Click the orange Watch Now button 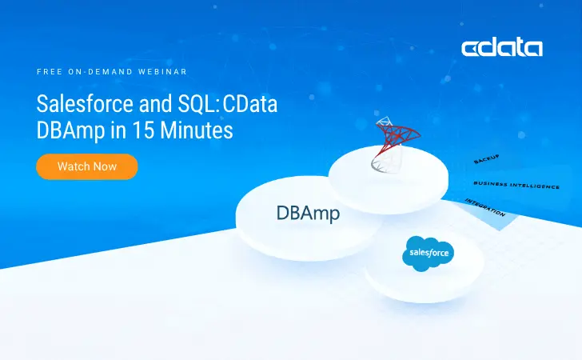point(87,166)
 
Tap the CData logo point(502,48)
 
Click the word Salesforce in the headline point(81,105)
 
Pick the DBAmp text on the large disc point(308,213)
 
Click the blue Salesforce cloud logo point(428,254)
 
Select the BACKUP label point(487,159)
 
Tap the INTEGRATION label point(485,207)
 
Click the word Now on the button point(106,166)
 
